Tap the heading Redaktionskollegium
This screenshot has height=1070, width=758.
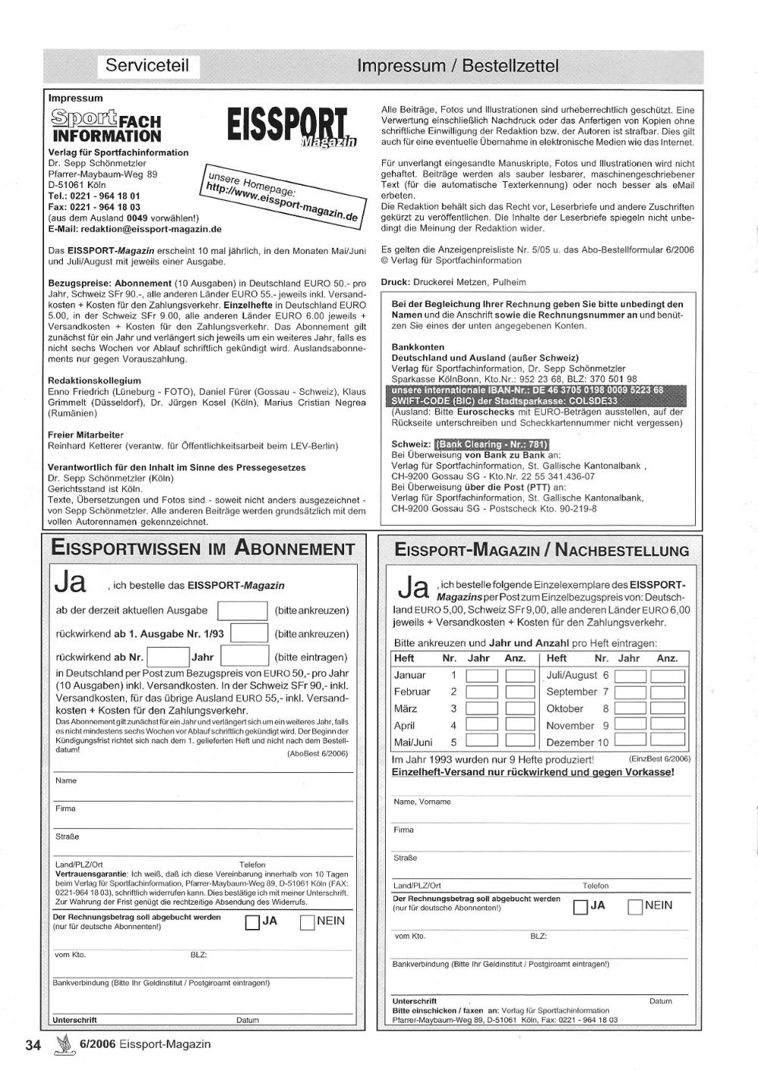[x=94, y=380]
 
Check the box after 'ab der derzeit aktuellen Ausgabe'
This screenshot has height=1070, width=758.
[x=243, y=611]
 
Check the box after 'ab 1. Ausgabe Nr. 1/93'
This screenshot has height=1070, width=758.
[x=249, y=634]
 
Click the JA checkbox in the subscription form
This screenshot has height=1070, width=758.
[x=252, y=922]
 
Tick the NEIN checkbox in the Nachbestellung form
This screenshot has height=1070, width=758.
[x=635, y=906]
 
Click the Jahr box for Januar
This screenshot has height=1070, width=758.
[x=481, y=675]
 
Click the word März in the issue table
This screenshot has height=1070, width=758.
[x=406, y=709]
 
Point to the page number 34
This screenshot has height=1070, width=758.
[x=33, y=1045]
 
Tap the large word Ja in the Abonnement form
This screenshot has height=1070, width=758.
[x=70, y=583]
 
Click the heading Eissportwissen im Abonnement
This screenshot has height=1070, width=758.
[x=202, y=549]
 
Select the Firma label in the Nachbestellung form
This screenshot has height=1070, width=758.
[x=403, y=830]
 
